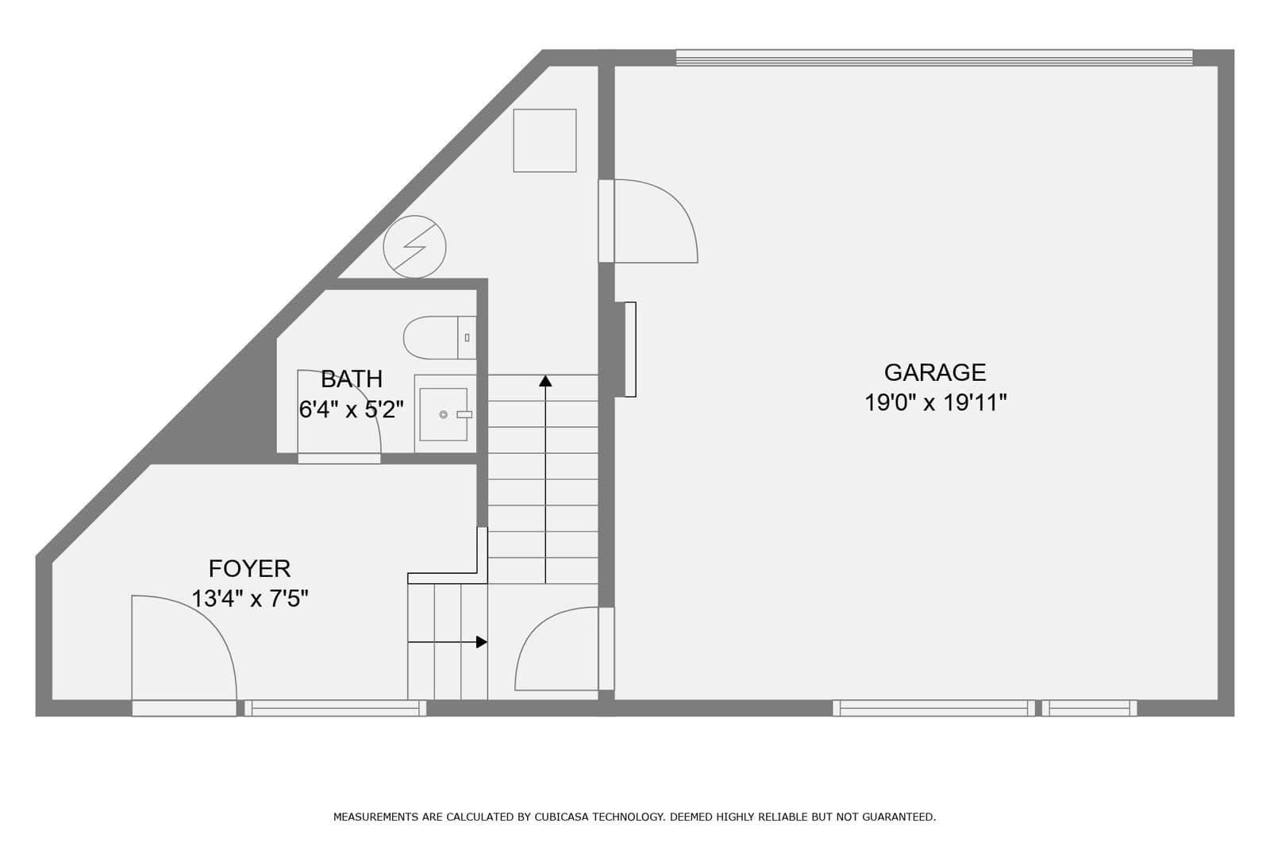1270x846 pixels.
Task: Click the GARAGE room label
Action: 935,372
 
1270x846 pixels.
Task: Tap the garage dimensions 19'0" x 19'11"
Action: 936,403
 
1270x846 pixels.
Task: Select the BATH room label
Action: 352,379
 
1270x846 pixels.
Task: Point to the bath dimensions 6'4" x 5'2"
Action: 352,410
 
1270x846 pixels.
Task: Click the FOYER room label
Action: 249,568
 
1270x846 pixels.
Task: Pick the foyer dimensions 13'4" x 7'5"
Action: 249,598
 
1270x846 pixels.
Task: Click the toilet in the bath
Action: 440,338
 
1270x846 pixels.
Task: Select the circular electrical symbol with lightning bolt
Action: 414,247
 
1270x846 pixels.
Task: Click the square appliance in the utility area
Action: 545,140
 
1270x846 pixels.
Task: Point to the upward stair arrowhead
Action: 545,380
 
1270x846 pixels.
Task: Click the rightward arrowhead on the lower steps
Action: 481,642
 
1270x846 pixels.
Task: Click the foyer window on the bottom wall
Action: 335,708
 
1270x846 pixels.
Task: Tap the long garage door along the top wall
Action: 934,58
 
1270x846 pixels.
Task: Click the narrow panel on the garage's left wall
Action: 630,349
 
